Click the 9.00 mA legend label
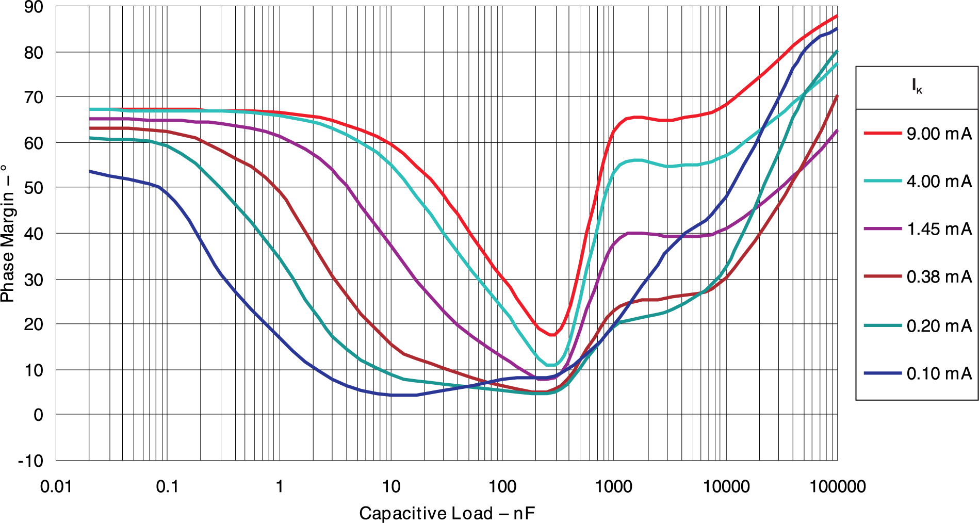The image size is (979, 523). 939,134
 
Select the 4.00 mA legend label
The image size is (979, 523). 939,181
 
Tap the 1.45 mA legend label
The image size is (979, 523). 939,228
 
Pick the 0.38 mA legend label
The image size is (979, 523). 939,276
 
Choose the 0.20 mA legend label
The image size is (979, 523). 939,325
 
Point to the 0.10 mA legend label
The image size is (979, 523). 939,373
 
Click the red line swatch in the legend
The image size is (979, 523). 883,133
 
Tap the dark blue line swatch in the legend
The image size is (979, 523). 883,373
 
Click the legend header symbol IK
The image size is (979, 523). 917,86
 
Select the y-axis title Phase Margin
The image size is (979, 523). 7,233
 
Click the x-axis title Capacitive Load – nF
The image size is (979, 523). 447,513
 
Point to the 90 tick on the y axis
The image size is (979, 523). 34,7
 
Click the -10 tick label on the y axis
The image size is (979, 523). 30,461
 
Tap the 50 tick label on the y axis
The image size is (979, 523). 34,188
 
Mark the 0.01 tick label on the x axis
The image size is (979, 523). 56,486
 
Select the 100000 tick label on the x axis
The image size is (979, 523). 837,486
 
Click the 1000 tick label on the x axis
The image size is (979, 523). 613,486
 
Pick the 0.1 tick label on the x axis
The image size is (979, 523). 167,486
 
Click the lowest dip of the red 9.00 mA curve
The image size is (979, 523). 552,335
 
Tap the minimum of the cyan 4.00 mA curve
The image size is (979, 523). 551,365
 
